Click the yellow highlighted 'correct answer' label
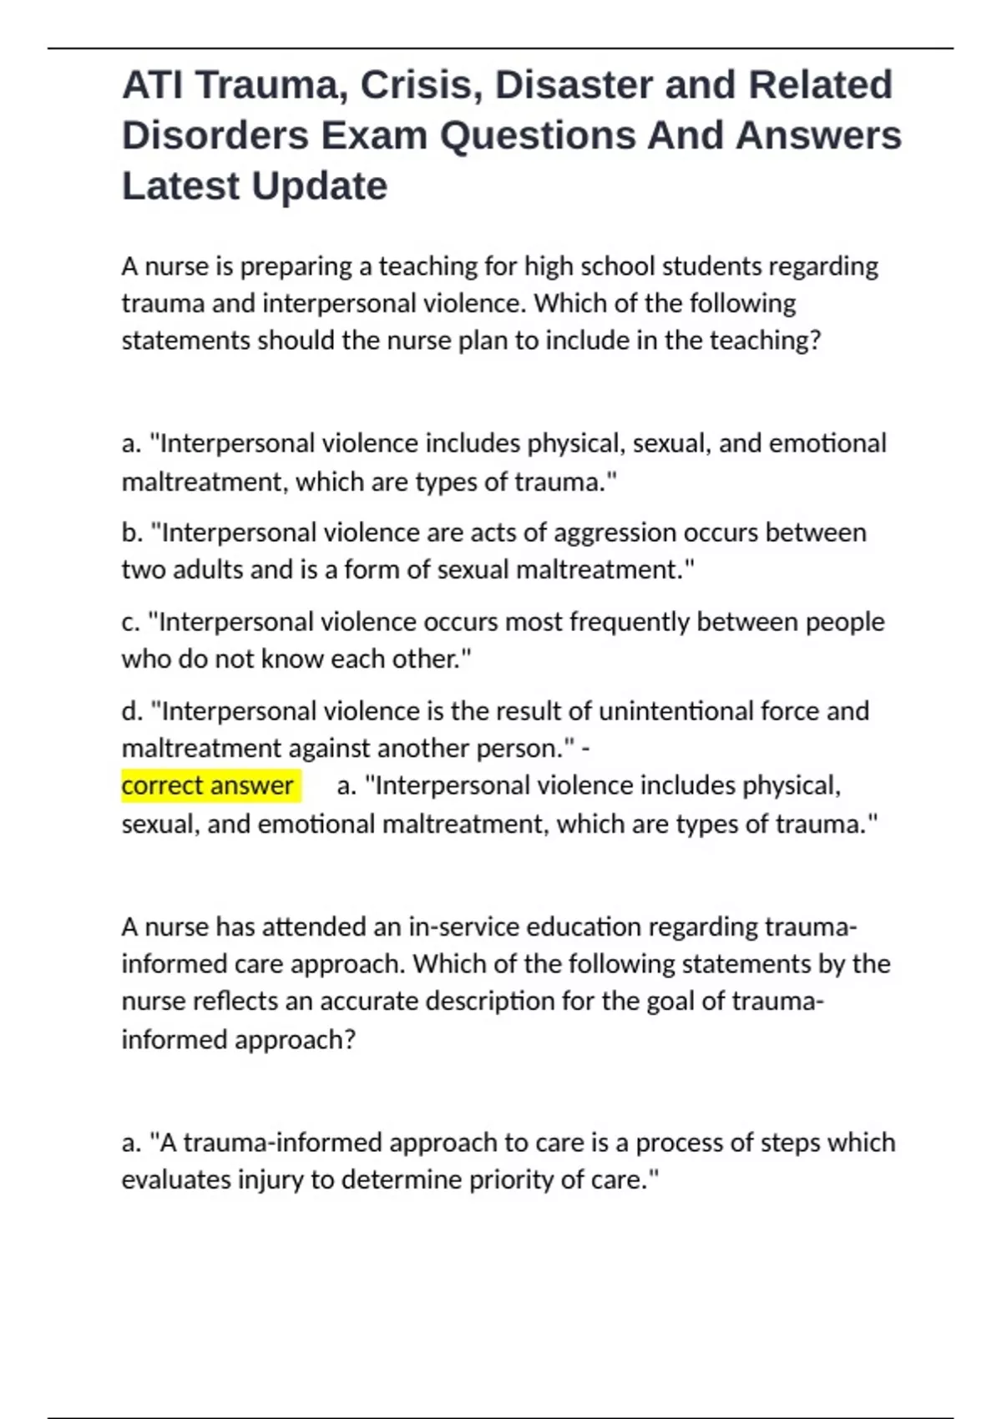tap(208, 785)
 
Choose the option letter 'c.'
tap(130, 622)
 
